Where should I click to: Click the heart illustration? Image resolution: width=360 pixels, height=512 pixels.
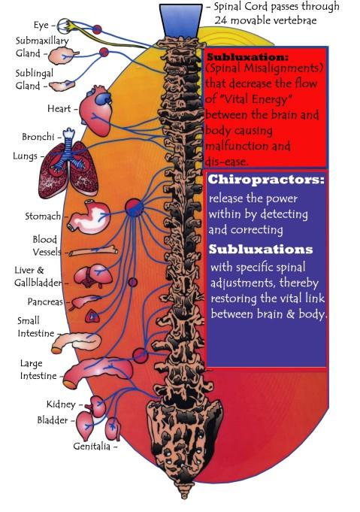click(96, 111)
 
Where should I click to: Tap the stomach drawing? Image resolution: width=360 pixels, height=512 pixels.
click(89, 217)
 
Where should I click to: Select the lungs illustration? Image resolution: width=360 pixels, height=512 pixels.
click(68, 170)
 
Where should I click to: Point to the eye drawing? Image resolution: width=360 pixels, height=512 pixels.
click(64, 26)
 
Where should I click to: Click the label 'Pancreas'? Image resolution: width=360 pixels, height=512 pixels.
click(45, 301)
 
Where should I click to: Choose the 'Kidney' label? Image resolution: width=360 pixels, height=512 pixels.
click(61, 404)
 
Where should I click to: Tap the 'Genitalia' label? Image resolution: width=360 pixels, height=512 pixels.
click(92, 446)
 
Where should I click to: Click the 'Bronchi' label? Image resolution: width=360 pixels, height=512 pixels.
click(38, 137)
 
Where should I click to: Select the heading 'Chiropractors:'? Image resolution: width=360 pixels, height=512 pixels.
click(266, 179)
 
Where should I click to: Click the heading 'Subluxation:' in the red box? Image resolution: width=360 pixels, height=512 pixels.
click(248, 57)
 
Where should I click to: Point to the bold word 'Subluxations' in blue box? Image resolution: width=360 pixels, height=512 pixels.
click(261, 249)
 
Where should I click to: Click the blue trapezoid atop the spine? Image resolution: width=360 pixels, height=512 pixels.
click(181, 21)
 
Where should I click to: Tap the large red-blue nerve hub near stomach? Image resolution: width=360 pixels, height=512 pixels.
click(134, 208)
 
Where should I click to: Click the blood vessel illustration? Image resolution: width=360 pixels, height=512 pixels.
click(93, 251)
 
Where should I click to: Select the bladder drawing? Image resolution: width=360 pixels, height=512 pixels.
click(86, 426)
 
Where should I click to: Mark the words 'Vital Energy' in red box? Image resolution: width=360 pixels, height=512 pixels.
click(248, 99)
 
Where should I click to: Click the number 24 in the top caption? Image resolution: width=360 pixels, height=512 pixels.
click(221, 20)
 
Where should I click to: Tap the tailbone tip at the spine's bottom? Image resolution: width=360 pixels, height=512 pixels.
click(184, 496)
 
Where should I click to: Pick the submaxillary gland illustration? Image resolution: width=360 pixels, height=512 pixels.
click(62, 55)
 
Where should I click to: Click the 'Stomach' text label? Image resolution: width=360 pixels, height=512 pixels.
click(43, 217)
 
